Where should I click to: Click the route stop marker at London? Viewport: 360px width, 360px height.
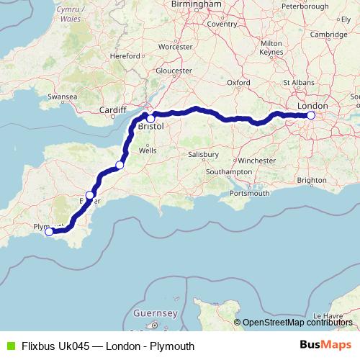tap(311, 115)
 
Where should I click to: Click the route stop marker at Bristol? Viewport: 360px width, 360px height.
tap(150, 119)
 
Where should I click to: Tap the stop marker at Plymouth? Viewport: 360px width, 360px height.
tap(49, 232)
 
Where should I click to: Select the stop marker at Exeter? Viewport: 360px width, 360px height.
tap(90, 195)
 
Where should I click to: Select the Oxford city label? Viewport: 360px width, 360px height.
tap(238, 83)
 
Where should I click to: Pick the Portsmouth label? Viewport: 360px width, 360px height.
tap(250, 193)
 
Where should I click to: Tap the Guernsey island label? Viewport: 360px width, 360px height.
tap(155, 314)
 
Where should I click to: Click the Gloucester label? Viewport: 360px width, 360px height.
tap(174, 71)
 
